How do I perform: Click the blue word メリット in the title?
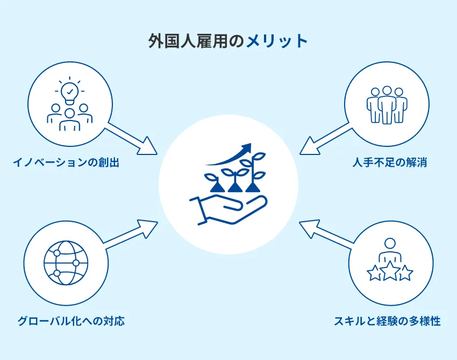click(277, 41)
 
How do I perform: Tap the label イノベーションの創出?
click(66, 162)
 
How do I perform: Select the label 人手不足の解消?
click(390, 162)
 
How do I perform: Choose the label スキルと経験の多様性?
click(387, 322)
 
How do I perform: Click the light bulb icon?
click(70, 91)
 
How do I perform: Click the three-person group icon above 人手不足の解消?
click(387, 105)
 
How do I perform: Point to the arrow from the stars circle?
click(325, 234)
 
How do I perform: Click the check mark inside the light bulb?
click(70, 91)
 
